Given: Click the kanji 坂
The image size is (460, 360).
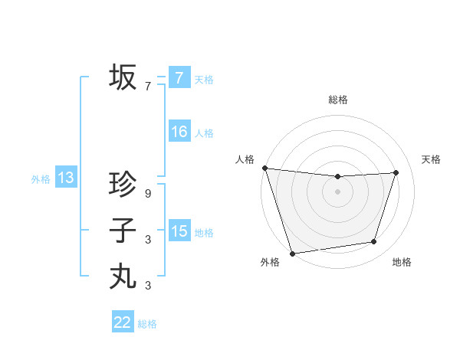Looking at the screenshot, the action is click(123, 77).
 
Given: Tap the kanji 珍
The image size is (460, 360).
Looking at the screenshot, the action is click(123, 185).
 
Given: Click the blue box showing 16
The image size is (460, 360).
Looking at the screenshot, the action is click(179, 132).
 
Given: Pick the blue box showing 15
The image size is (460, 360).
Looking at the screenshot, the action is click(179, 231).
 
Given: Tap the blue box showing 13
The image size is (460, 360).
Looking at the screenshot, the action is click(66, 178).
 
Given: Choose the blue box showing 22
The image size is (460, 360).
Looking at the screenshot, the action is click(123, 322).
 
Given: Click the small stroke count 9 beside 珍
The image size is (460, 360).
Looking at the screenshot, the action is click(148, 194).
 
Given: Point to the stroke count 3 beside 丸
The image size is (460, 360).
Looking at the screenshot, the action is click(148, 286).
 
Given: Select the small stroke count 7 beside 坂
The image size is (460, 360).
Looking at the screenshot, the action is click(148, 87).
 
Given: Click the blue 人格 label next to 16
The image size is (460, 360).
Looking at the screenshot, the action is click(204, 133).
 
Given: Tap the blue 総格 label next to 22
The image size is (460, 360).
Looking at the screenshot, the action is click(147, 324).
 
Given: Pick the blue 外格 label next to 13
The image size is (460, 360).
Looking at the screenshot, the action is click(41, 179).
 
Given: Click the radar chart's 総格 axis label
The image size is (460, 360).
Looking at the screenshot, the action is click(338, 100).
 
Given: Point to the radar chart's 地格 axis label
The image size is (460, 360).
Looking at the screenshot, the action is click(402, 263).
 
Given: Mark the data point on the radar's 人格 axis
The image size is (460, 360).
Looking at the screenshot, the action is click(264, 168).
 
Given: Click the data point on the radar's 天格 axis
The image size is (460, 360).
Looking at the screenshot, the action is click(396, 172).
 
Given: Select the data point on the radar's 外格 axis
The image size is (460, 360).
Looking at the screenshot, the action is click(293, 253).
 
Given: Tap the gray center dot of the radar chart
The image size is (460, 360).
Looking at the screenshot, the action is click(338, 191).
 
